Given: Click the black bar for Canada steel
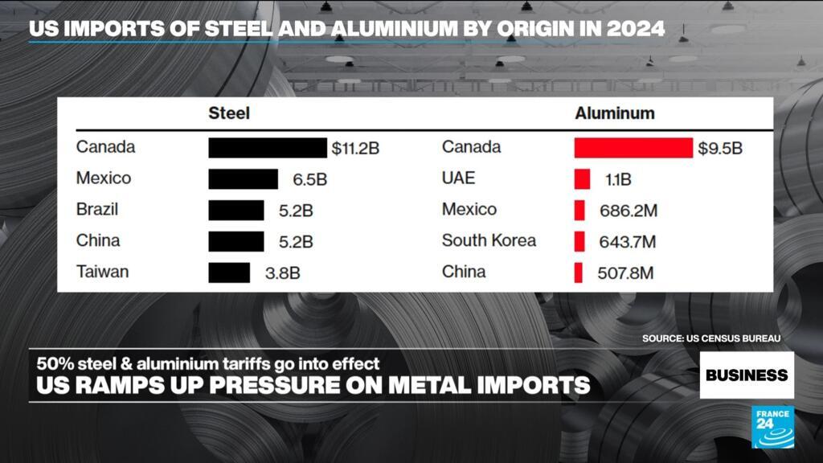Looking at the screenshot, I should (x=268, y=148).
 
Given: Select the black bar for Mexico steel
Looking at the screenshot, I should (x=243, y=179).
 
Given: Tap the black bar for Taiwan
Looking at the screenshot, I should (x=229, y=272).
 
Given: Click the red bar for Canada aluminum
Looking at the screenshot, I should (x=633, y=148).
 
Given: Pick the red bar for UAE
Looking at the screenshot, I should (x=582, y=179).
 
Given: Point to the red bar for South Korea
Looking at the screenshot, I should (x=579, y=241).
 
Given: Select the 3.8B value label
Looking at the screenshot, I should (x=282, y=273).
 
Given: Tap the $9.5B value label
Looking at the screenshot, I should (x=719, y=148).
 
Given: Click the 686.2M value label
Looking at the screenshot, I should (x=629, y=211).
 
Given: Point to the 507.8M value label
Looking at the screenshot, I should (x=625, y=273).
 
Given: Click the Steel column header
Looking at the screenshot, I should (x=229, y=113).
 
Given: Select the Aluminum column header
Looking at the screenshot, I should (x=614, y=113).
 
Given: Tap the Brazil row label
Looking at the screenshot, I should (x=97, y=210).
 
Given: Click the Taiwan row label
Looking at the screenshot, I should (x=102, y=272).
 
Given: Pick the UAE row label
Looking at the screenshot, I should (x=458, y=178).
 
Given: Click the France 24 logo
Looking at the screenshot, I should (x=772, y=427).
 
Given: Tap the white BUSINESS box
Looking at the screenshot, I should (x=747, y=375).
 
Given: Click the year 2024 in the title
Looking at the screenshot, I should (x=637, y=29).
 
